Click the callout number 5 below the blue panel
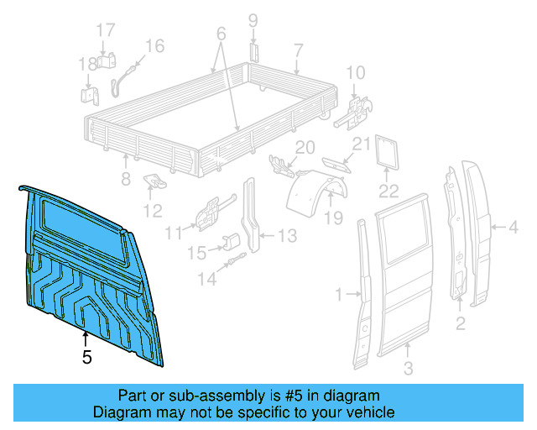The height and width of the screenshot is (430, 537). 87,357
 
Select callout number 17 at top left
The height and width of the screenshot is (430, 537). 105,30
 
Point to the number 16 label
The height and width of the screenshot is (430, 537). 154,46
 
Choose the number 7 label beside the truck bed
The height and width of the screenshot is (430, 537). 298,49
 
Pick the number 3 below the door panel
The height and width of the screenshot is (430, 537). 408,369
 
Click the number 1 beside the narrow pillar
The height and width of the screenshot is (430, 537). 339,294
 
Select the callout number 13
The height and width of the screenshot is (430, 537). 286,237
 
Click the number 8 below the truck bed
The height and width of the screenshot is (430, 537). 126,178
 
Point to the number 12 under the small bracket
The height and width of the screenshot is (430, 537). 152,210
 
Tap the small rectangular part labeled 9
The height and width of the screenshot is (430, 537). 253,51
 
